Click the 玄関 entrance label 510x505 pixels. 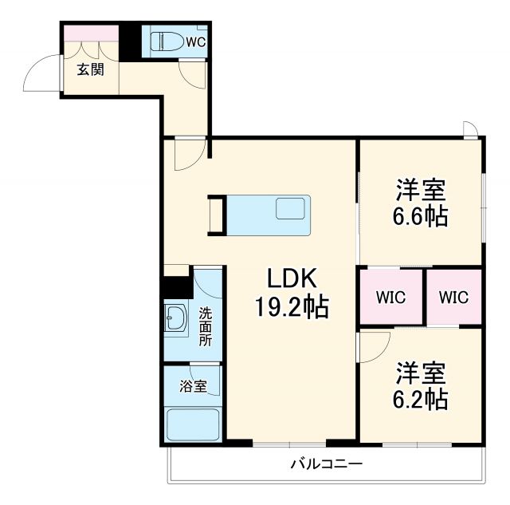89,69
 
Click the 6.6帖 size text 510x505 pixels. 421,216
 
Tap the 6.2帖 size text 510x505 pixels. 421,398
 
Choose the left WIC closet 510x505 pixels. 390,297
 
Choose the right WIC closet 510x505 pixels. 453,297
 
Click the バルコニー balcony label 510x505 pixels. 326,464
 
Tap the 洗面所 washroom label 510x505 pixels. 206,326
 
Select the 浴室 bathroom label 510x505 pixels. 192,386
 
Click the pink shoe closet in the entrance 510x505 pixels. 89,34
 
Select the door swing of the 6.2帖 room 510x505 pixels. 373,345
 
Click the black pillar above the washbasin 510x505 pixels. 175,286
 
